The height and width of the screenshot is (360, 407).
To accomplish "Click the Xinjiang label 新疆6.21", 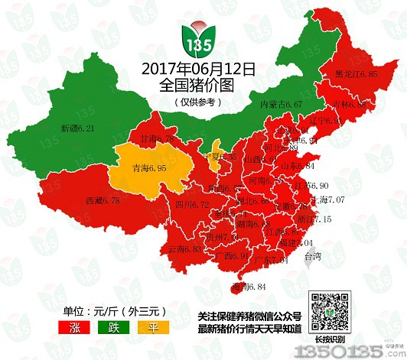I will pyautogui.click(x=78, y=129).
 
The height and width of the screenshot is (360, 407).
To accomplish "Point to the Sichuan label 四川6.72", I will pyautogui.click(x=192, y=204).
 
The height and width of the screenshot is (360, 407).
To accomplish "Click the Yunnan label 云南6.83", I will pyautogui.click(x=184, y=249).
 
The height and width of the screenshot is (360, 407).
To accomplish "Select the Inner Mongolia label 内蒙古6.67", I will pyautogui.click(x=282, y=103).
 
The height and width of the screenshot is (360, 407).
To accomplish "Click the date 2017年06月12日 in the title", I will pyautogui.click(x=199, y=70).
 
